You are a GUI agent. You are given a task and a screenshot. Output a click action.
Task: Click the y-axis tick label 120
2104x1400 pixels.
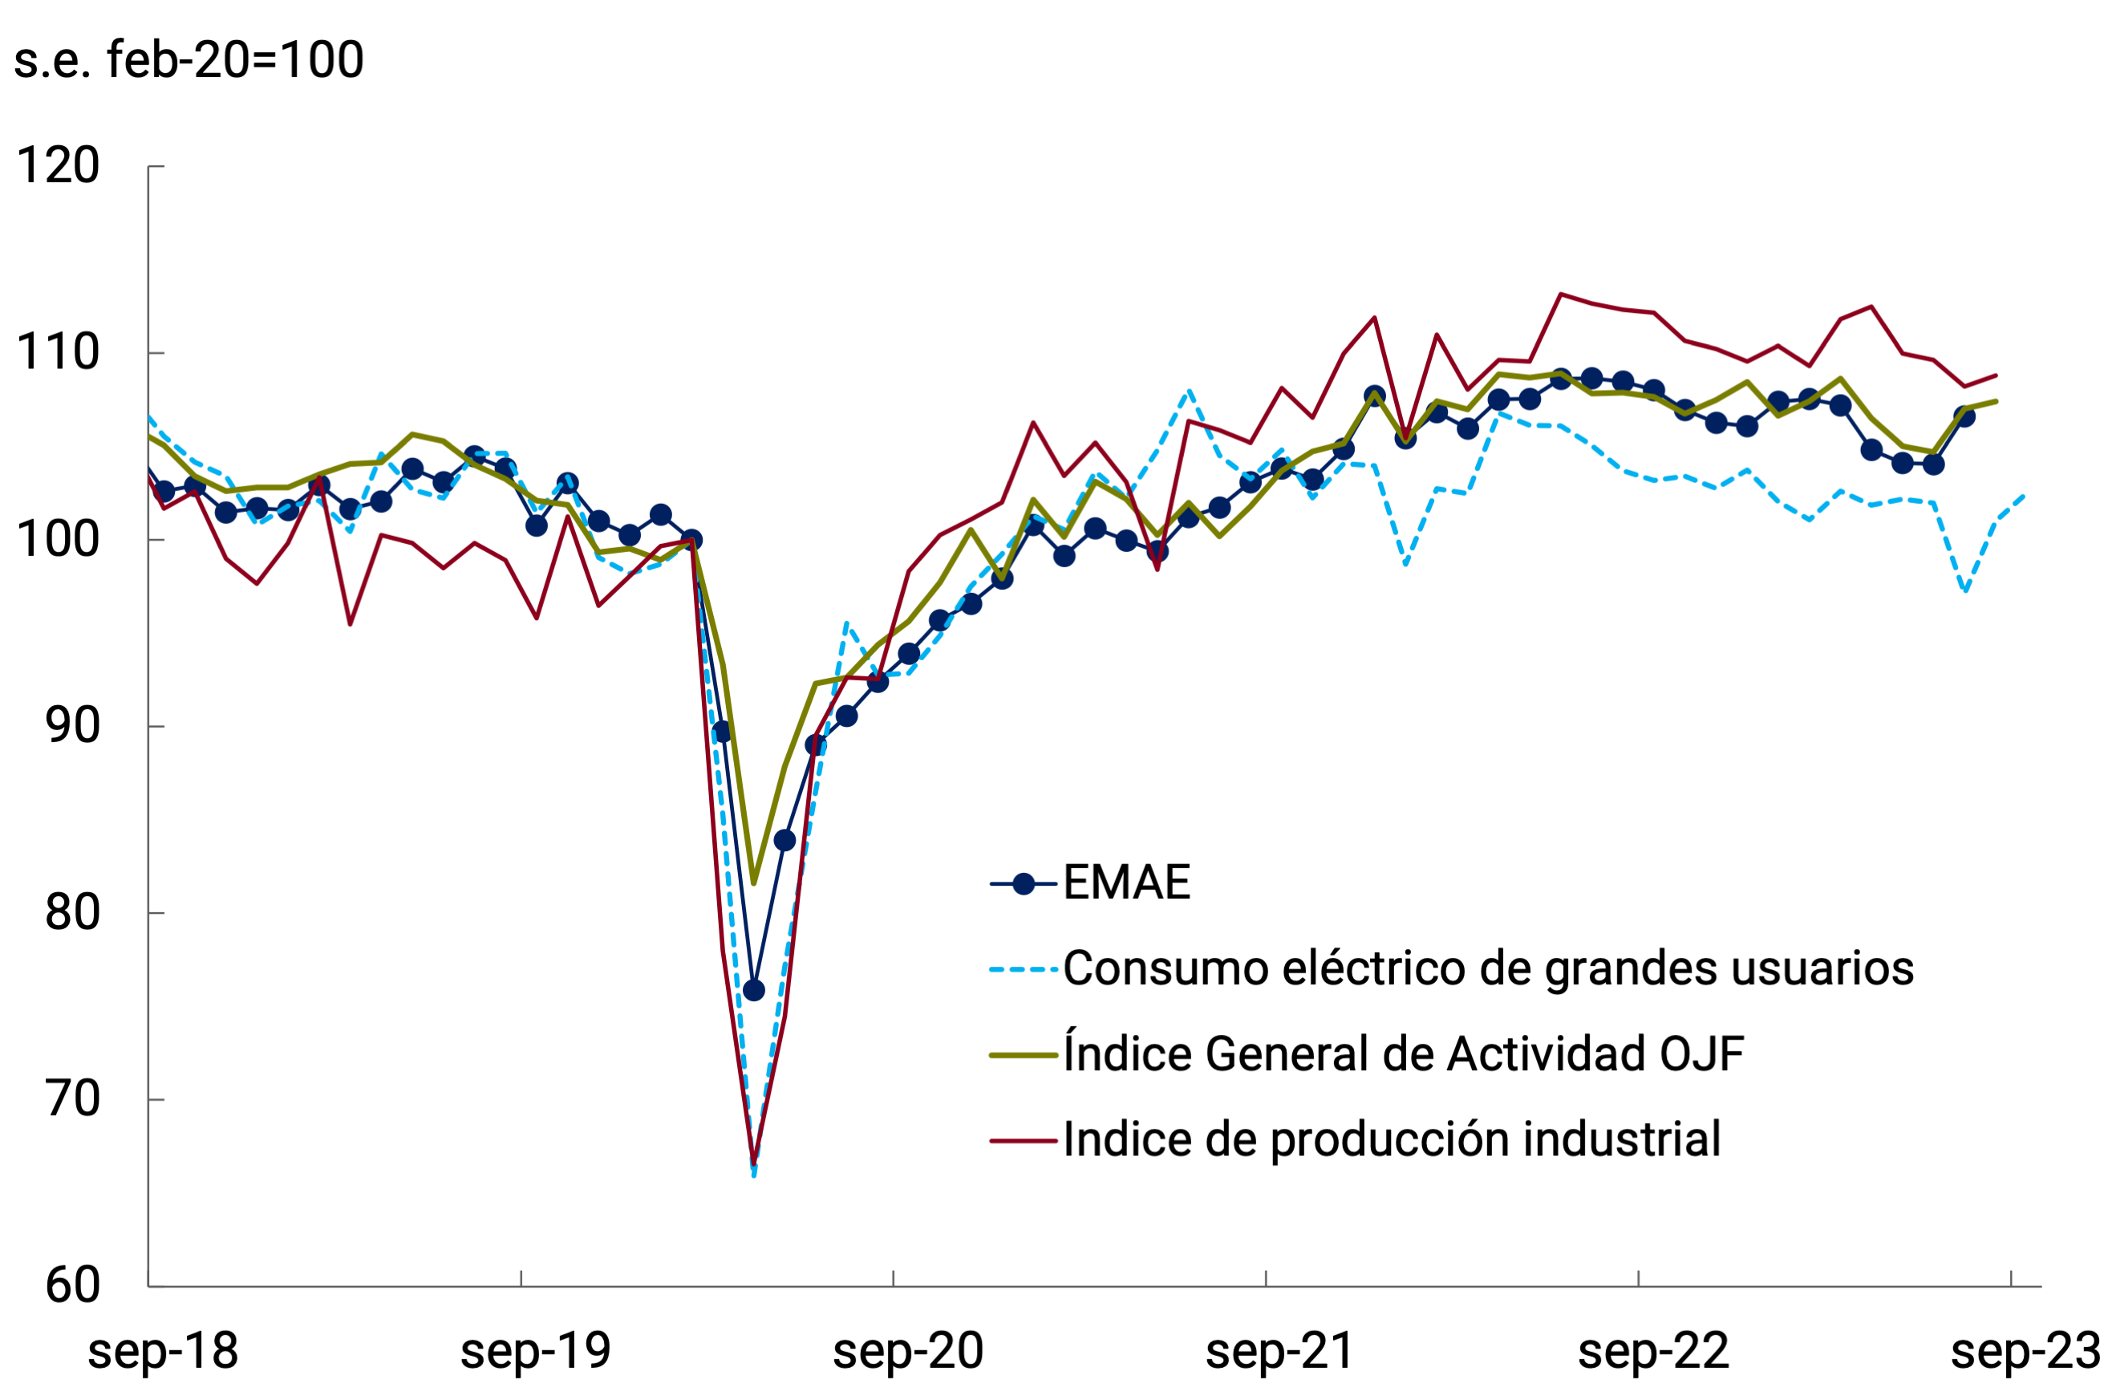pyautogui.click(x=57, y=166)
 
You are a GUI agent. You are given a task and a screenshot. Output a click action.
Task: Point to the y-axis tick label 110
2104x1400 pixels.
pyautogui.click(x=57, y=353)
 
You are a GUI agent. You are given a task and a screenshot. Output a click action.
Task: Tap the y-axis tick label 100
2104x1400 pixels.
pyautogui.click(x=57, y=539)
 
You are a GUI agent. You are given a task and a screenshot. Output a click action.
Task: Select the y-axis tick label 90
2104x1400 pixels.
pyautogui.click(x=71, y=726)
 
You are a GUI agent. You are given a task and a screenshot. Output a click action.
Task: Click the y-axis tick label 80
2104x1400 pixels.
pyautogui.click(x=71, y=912)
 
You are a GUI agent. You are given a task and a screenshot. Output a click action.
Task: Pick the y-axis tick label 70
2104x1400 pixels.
pyautogui.click(x=71, y=1099)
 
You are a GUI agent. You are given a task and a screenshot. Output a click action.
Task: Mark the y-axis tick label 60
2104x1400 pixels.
pyautogui.click(x=71, y=1286)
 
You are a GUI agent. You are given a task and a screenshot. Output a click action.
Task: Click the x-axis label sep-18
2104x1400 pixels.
pyautogui.click(x=163, y=1352)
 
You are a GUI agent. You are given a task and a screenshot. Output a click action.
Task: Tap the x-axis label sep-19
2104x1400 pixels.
pyautogui.click(x=535, y=1352)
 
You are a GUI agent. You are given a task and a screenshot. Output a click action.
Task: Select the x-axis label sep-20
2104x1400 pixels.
pyautogui.click(x=907, y=1352)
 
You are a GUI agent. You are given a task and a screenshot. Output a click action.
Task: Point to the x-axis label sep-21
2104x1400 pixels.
pyautogui.click(x=1279, y=1352)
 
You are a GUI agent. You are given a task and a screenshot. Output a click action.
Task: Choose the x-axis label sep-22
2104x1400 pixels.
pyautogui.click(x=1652, y=1352)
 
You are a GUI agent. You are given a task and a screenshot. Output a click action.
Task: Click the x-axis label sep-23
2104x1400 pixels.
pyautogui.click(x=2025, y=1352)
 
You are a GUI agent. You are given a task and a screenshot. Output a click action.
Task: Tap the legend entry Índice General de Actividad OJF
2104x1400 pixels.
pyautogui.click(x=1402, y=1054)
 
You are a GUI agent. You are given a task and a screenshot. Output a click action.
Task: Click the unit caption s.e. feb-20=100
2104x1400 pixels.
pyautogui.click(x=189, y=61)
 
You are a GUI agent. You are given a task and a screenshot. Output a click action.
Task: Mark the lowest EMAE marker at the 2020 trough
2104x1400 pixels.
pyautogui.click(x=753, y=990)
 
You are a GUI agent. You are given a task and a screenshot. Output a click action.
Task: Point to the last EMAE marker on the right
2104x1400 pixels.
pyautogui.click(x=1964, y=416)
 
